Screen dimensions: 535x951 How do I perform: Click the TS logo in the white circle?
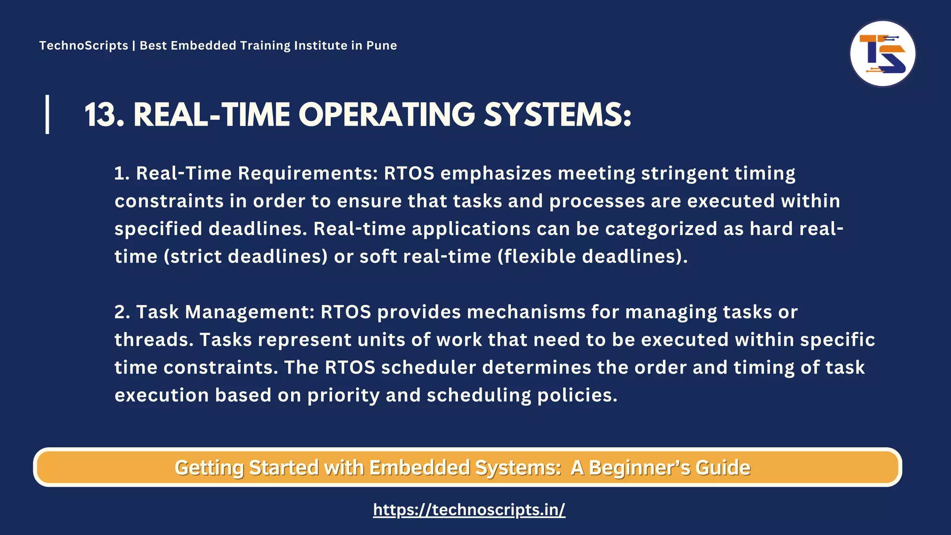(882, 53)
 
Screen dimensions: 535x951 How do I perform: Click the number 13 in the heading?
(104, 115)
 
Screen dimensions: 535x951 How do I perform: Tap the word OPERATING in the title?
(386, 115)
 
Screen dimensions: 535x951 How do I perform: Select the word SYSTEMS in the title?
(553, 115)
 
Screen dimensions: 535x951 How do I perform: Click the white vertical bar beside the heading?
(47, 114)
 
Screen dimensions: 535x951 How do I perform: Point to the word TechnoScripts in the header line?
(84, 46)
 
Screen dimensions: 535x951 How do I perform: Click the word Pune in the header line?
(382, 46)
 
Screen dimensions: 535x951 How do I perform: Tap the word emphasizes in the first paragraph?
(496, 174)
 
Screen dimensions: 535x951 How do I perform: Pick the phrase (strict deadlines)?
(246, 257)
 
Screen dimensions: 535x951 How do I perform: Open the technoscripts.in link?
(469, 510)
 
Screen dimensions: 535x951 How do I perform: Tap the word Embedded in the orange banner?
(419, 468)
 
